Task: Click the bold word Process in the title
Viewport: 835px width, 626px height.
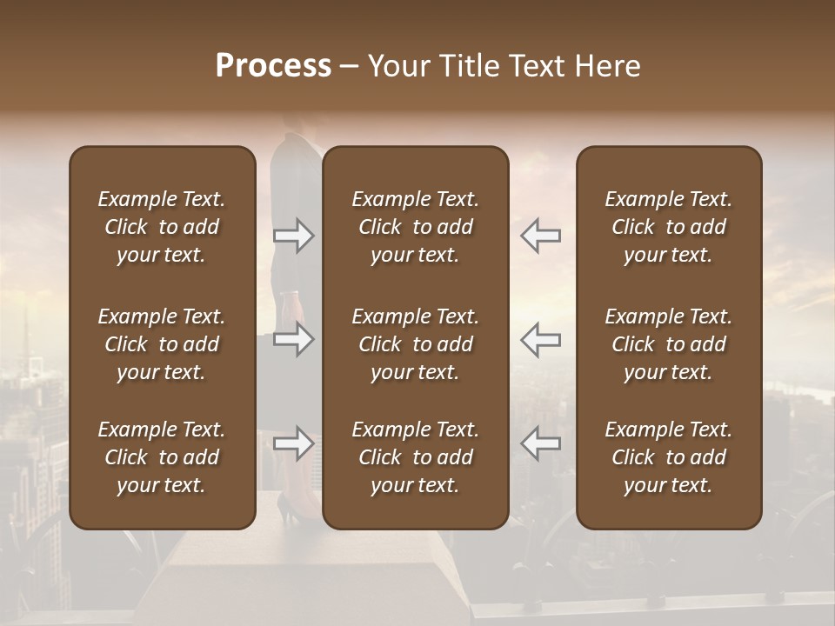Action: coord(273,66)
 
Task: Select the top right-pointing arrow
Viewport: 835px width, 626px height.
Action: coord(293,236)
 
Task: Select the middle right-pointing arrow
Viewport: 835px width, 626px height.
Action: coord(293,339)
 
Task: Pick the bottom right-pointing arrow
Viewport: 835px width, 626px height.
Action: coord(293,443)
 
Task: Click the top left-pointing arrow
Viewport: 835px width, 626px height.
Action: coord(540,236)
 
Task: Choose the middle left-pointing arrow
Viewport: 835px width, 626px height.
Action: coord(540,339)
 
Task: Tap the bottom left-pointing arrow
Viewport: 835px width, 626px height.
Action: coord(540,443)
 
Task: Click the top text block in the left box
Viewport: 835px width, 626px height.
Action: coord(162,227)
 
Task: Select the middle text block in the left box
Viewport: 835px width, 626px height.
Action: coord(162,344)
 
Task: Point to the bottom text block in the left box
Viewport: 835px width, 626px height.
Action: coord(162,457)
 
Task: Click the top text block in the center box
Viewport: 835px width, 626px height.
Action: coord(415,227)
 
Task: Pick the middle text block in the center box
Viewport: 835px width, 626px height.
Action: coord(415,344)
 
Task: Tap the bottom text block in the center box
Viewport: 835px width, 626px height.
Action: coord(415,457)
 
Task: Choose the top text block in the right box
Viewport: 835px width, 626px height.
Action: coord(668,227)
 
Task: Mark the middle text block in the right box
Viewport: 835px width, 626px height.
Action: coord(668,344)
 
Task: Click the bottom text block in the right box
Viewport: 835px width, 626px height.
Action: coord(668,457)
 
